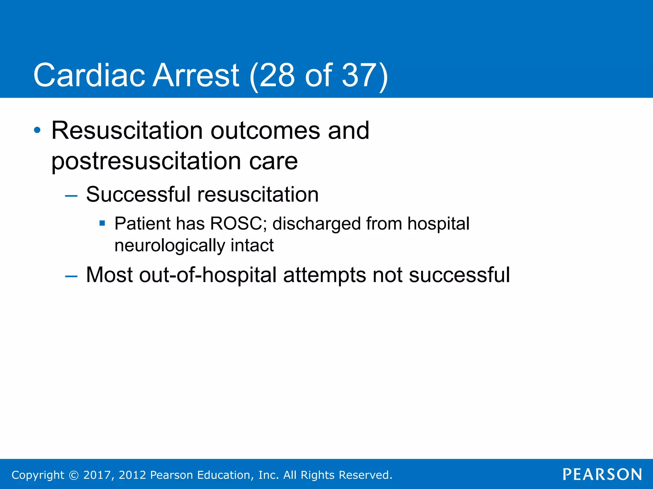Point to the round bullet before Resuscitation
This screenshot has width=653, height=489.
[x=37, y=130]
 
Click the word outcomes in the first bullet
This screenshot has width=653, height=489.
[x=265, y=131]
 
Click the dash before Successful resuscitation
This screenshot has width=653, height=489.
[x=71, y=195]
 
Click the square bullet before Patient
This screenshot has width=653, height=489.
[x=102, y=223]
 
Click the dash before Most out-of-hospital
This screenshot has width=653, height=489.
[x=71, y=276]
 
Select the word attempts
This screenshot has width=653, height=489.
[x=325, y=275]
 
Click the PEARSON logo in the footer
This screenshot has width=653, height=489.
[x=602, y=474]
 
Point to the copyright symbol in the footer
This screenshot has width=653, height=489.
[x=74, y=475]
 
